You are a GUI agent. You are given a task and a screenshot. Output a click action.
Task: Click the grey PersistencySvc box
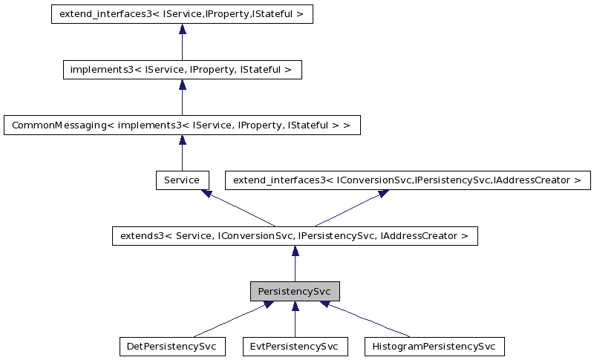[295, 291]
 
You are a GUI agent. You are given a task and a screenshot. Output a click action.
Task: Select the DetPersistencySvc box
[172, 346]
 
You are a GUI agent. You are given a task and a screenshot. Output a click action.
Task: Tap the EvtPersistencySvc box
[295, 346]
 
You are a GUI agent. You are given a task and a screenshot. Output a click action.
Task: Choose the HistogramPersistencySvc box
[434, 346]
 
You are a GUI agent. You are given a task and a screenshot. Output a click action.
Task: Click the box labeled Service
[182, 180]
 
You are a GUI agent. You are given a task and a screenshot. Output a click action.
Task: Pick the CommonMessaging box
[182, 125]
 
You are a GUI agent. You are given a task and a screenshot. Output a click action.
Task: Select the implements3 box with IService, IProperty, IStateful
[182, 71]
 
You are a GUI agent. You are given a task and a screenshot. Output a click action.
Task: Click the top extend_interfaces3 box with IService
[182, 15]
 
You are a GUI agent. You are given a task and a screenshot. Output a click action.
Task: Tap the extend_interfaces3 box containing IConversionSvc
[408, 180]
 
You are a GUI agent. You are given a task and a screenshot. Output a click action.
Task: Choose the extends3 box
[295, 236]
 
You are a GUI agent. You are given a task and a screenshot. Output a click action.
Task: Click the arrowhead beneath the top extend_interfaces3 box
[182, 30]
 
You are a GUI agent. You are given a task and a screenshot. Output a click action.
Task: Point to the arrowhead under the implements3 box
[182, 85]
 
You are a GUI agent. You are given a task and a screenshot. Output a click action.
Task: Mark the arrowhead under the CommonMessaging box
[182, 140]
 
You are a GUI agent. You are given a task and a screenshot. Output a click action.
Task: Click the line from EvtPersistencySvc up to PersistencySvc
[295, 323]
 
